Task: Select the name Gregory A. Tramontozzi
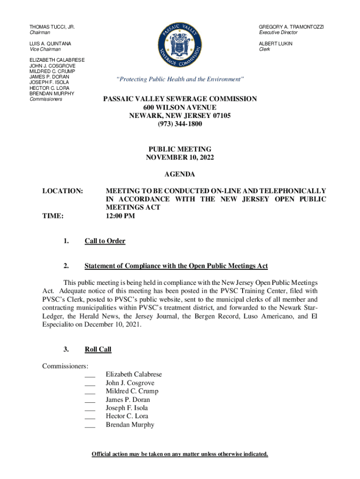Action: click(291, 27)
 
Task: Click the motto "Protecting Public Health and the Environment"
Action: click(180, 80)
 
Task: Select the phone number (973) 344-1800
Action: click(180, 124)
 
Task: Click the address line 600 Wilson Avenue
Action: click(180, 107)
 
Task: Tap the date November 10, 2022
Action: click(180, 158)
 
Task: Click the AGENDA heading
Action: click(180, 174)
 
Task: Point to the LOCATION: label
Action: click(63, 191)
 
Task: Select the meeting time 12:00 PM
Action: click(121, 216)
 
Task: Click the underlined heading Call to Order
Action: click(105, 241)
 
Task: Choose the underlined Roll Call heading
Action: click(98, 349)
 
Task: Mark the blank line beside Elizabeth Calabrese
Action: click(90, 376)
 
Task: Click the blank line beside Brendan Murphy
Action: click(90, 426)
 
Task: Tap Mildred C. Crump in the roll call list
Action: click(132, 391)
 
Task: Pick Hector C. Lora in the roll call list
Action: click(126, 416)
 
